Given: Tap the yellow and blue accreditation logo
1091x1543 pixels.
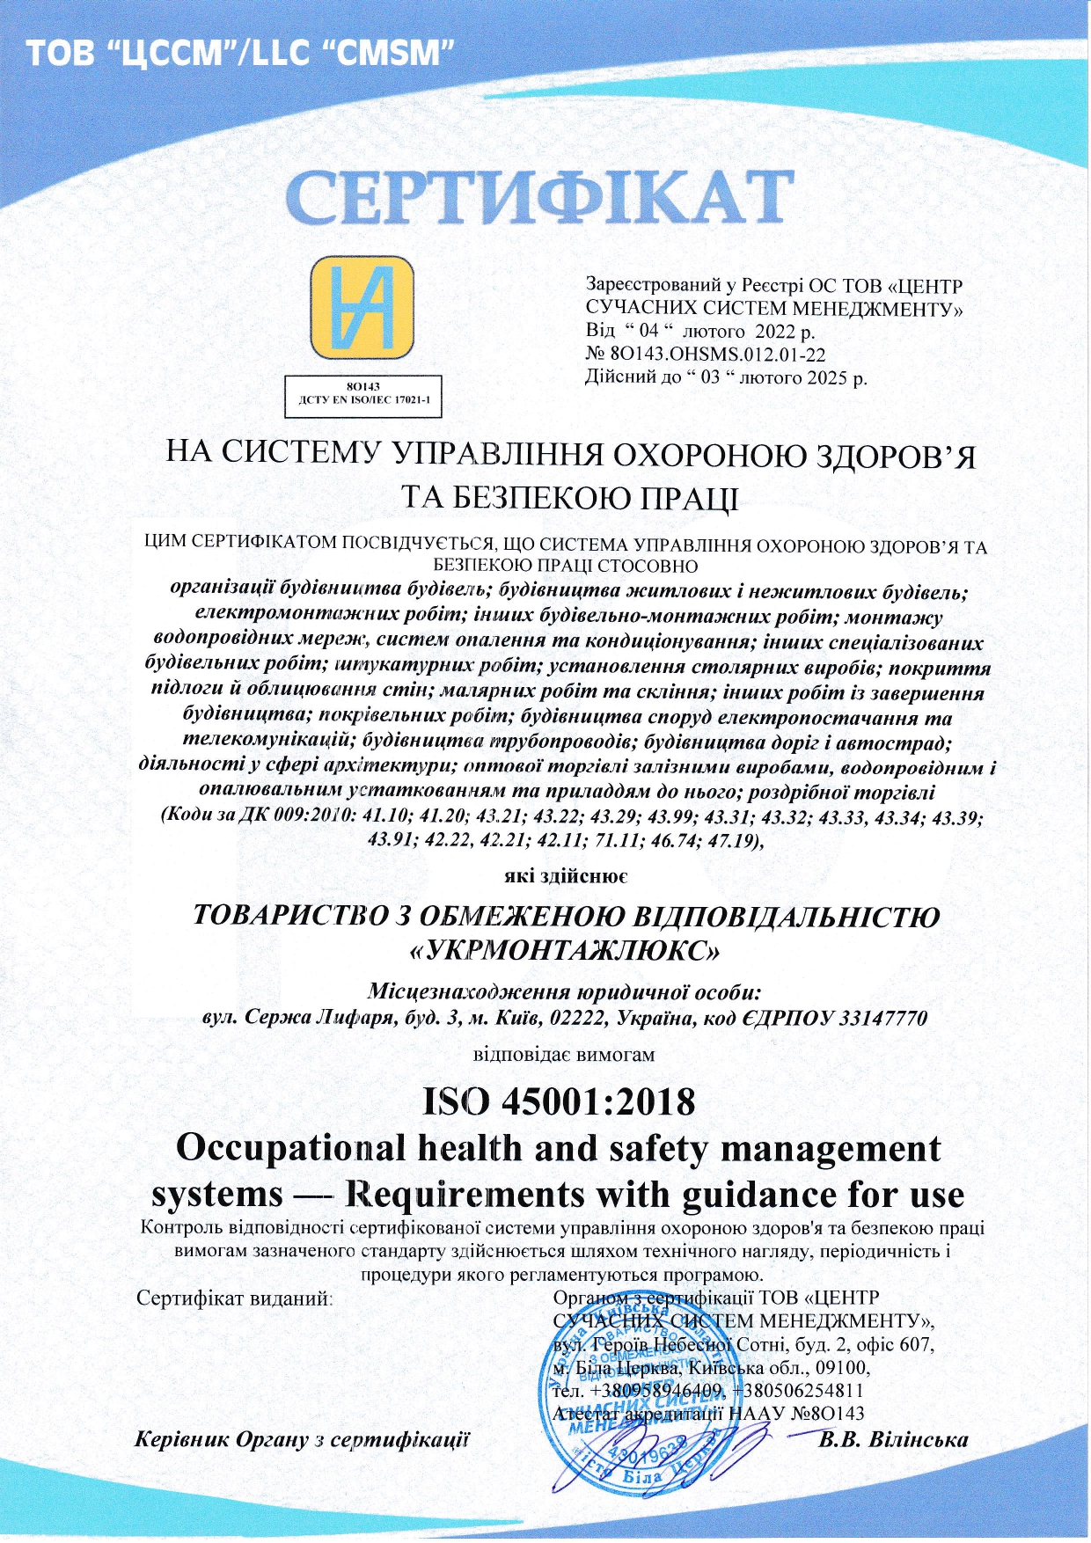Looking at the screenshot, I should click(362, 308).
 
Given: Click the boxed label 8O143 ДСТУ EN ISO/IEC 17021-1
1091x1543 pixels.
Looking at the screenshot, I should click(362, 393).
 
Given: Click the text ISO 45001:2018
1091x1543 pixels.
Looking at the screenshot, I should click(559, 1101).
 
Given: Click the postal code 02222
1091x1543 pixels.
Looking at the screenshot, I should click(577, 1018).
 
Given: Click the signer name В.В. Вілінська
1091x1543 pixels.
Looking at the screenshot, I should click(893, 1440).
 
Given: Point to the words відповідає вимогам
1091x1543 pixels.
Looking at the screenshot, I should click(564, 1054).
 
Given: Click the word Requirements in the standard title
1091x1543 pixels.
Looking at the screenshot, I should click(465, 1195).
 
